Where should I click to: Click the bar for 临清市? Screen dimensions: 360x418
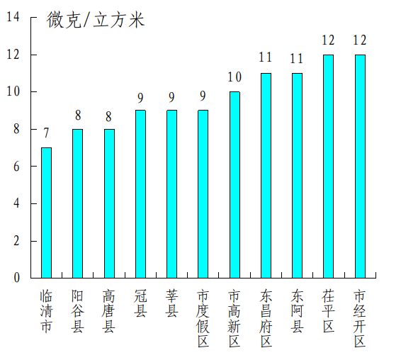click(x=46, y=213)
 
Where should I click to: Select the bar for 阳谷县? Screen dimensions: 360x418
click(x=77, y=203)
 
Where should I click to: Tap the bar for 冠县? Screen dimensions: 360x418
click(x=140, y=193)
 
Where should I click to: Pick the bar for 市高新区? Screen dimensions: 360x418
click(x=235, y=184)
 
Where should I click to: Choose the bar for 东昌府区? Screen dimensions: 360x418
click(x=266, y=175)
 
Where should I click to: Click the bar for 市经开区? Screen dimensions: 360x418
click(x=360, y=166)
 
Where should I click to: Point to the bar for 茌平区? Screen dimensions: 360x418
click(x=328, y=166)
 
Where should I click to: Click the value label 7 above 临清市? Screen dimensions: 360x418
click(x=46, y=133)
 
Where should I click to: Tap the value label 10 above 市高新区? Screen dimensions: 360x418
click(x=235, y=77)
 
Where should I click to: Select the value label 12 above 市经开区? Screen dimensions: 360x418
click(x=360, y=40)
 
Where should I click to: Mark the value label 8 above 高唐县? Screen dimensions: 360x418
click(x=109, y=115)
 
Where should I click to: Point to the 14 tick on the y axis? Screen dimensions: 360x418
click(x=13, y=18)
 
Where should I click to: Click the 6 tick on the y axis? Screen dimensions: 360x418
click(x=16, y=167)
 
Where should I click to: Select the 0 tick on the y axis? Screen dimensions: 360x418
click(x=16, y=278)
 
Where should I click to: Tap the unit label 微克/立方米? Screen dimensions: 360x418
click(x=96, y=21)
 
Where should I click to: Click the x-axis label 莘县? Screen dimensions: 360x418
click(x=172, y=303)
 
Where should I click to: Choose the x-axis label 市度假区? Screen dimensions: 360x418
click(x=203, y=318)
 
